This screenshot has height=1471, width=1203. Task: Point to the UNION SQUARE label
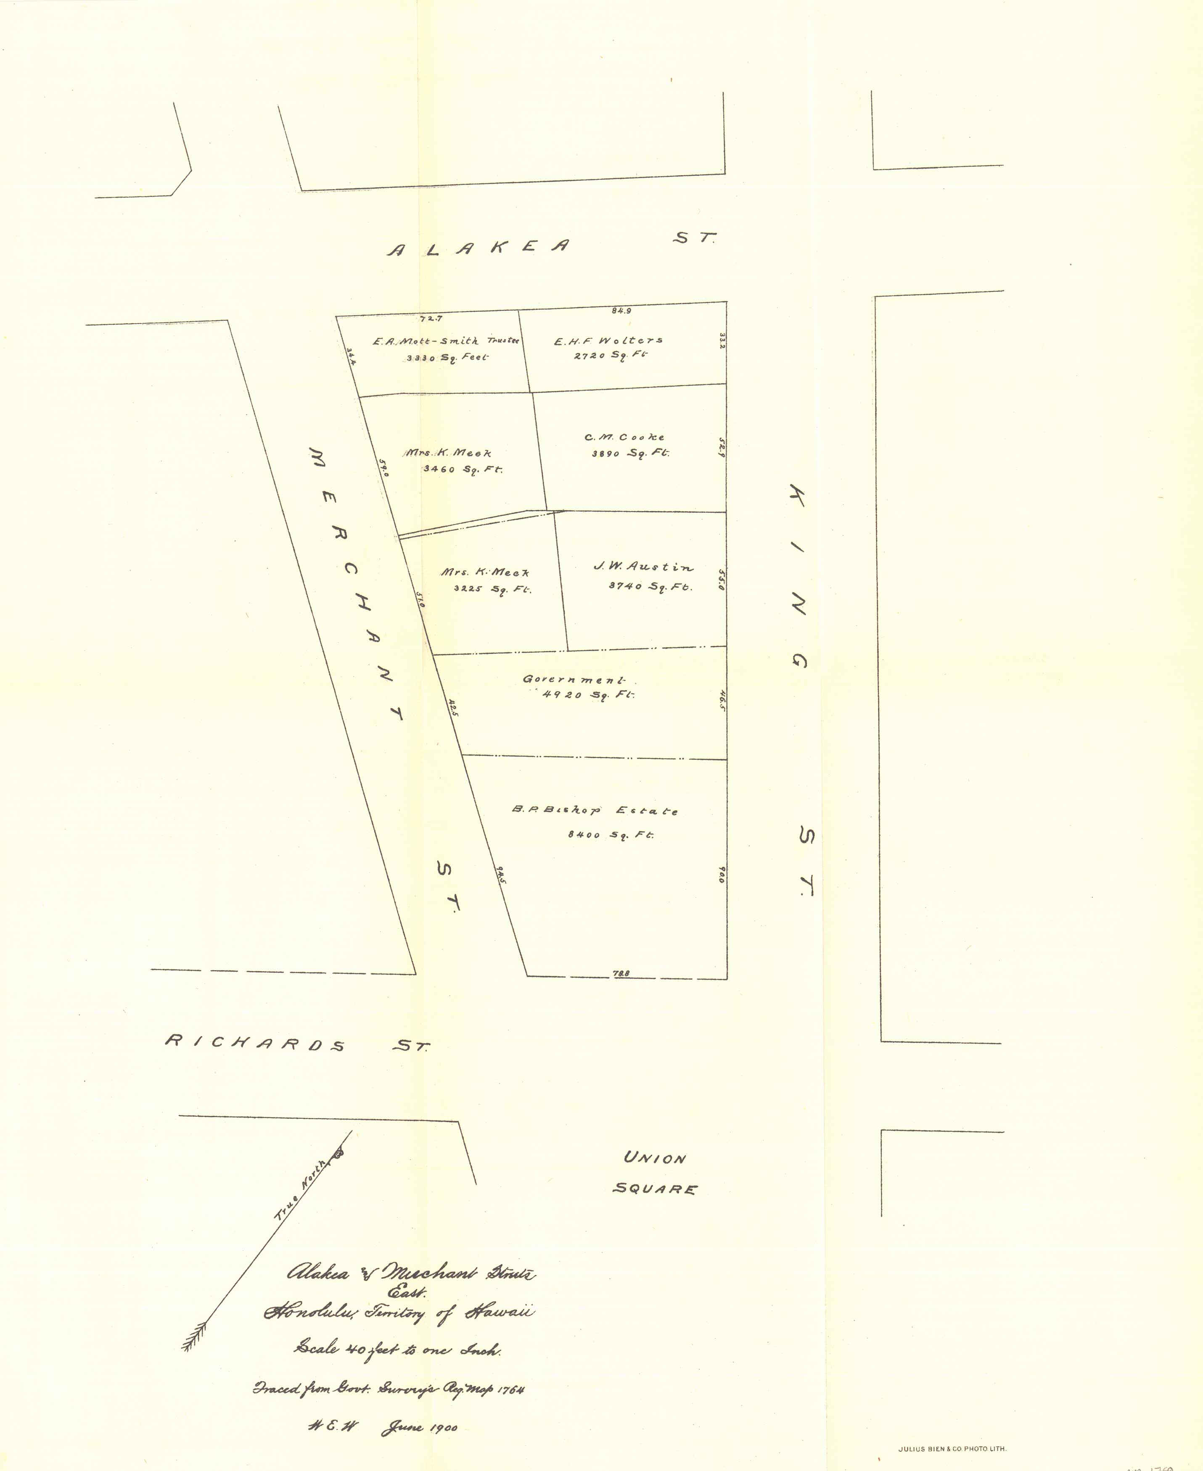pos(654,1173)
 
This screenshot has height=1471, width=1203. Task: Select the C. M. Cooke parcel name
pos(624,437)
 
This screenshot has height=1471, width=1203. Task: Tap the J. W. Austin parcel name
pos(643,567)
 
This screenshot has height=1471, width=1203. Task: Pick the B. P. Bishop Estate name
pos(595,810)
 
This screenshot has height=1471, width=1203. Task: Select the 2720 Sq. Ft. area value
pos(610,355)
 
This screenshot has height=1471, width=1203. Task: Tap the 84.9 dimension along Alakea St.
pos(621,311)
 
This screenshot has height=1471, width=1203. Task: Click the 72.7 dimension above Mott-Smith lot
pos(431,319)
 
